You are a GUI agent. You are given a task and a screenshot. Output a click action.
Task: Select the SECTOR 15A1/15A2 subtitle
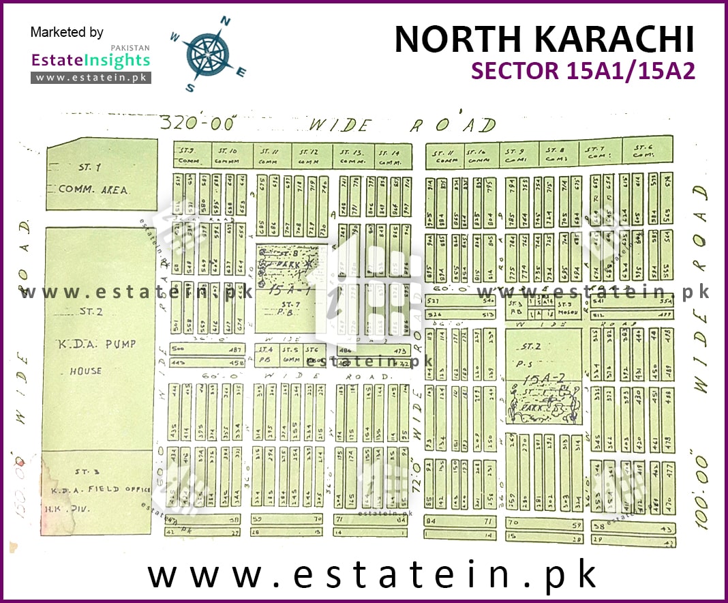tap(583, 71)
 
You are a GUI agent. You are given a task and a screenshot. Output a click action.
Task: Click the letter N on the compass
tap(225, 23)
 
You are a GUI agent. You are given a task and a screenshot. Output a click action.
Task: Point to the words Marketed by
tap(67, 32)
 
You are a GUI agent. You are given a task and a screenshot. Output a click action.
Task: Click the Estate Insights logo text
tap(90, 60)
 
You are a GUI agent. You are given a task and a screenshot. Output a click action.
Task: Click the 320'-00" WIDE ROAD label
tap(327, 124)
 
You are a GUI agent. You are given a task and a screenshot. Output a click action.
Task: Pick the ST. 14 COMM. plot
tap(393, 156)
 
